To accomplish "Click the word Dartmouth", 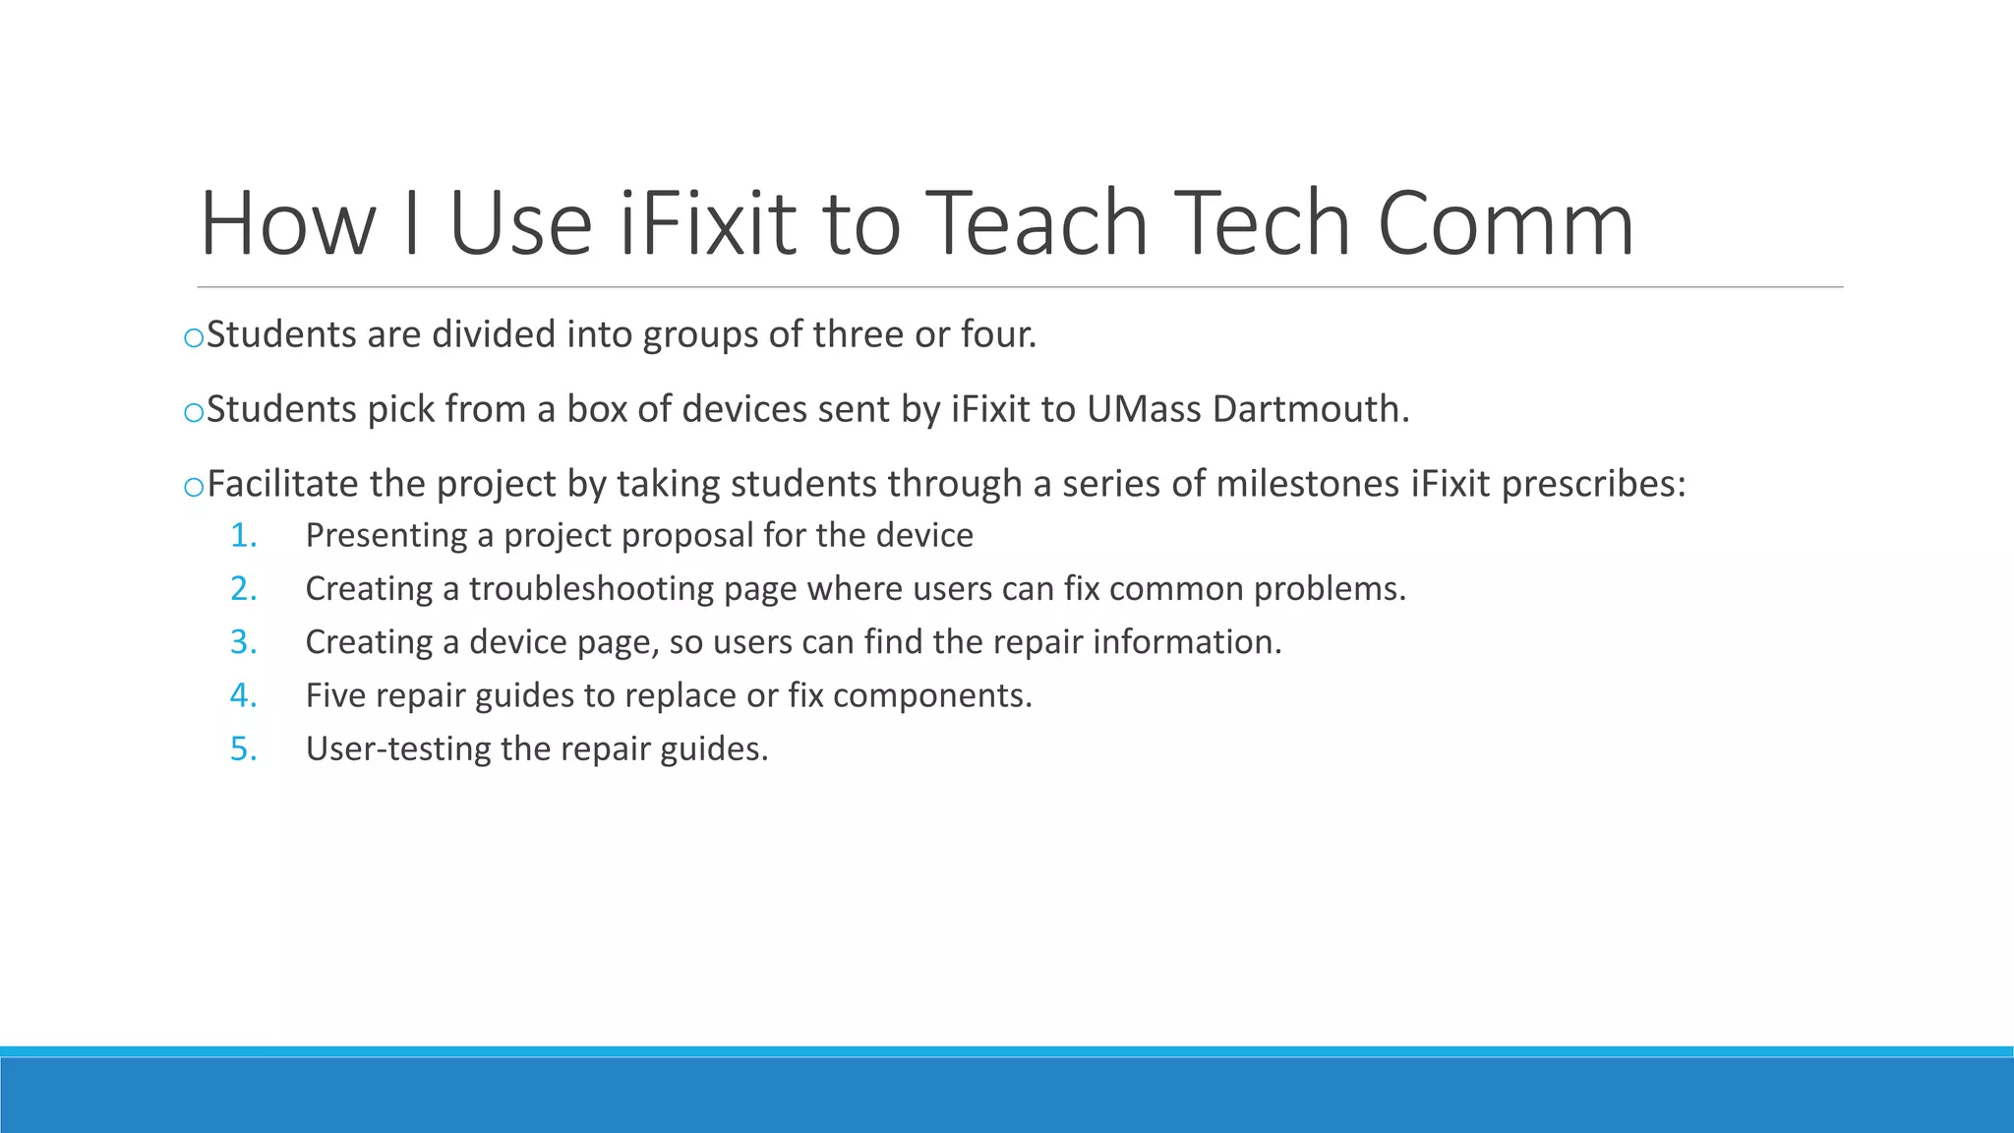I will pos(1311,409).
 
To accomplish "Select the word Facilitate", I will pos(282,484).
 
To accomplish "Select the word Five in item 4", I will pos(335,695).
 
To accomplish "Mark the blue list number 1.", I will pos(243,535).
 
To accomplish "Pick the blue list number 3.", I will pos(243,642).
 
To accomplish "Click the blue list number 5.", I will pos(243,749).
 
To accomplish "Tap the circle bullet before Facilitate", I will pos(194,487).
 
